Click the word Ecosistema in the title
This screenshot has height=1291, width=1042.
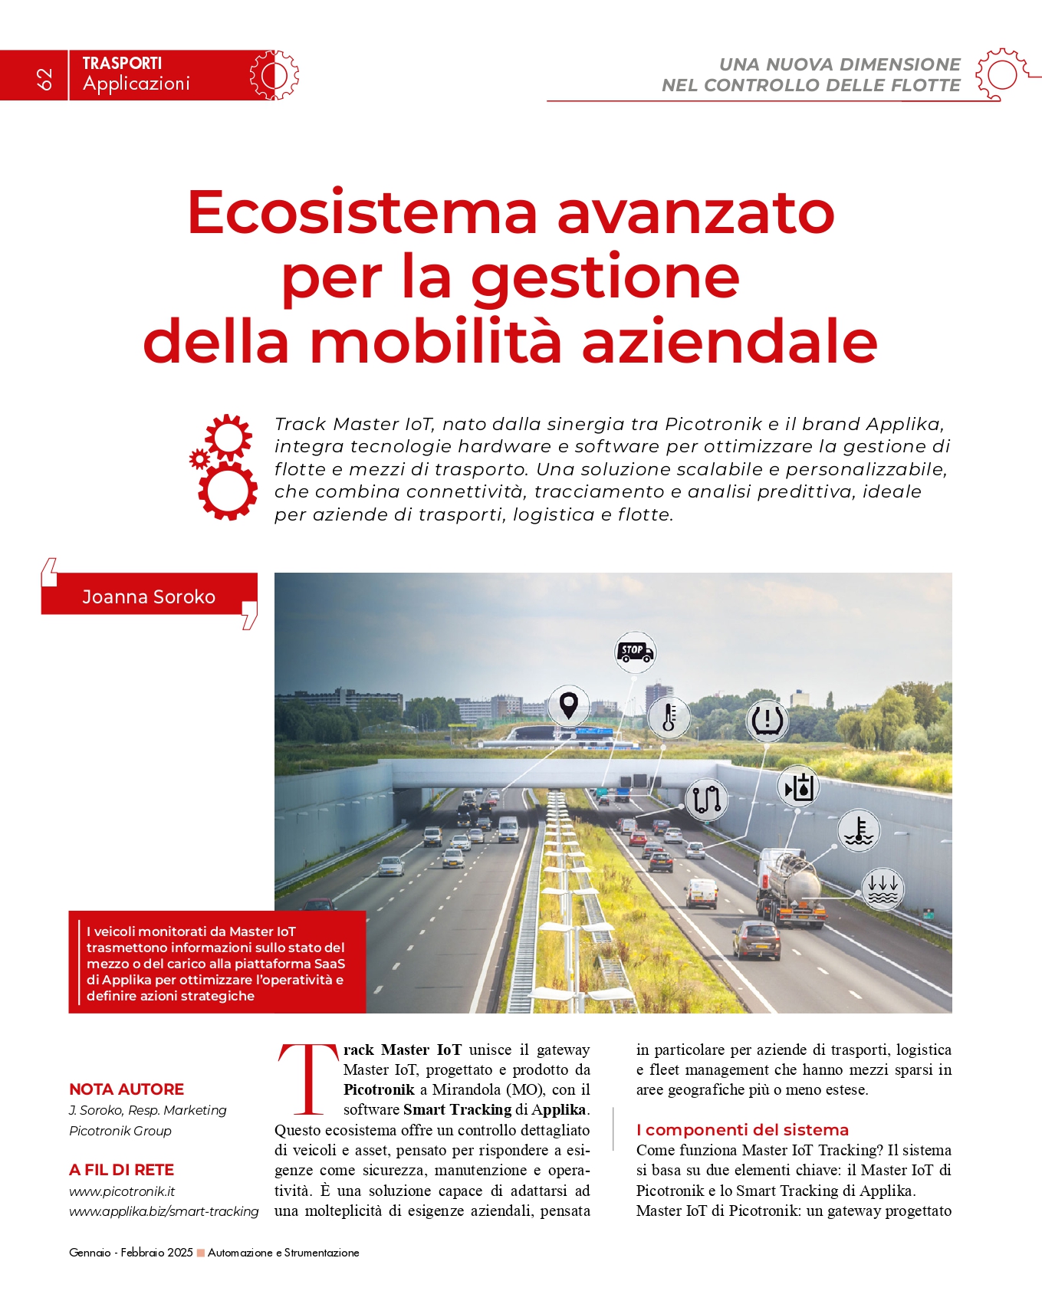coord(361,212)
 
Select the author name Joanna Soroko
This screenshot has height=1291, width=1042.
coord(149,596)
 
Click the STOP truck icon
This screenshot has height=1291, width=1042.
coord(635,652)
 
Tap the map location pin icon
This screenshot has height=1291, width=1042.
coord(568,705)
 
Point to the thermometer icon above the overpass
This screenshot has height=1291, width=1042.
coord(669,718)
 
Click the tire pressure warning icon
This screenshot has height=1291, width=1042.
coord(767,719)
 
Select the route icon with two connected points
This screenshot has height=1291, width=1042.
coord(706,800)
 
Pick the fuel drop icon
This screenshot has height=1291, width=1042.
coord(798,787)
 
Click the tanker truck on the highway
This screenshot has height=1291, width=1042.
coord(790,887)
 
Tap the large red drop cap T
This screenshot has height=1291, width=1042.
coord(307,1079)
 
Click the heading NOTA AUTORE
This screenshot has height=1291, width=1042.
coord(127,1089)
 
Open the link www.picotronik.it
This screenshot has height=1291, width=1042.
coord(122,1191)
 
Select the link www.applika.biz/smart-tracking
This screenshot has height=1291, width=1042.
coord(164,1211)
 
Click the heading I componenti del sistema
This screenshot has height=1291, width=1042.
coord(742,1129)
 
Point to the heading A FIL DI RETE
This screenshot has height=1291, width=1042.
coord(121,1169)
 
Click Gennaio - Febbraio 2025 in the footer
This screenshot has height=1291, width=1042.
coord(131,1253)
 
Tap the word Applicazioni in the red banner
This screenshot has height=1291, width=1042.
coord(136,84)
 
